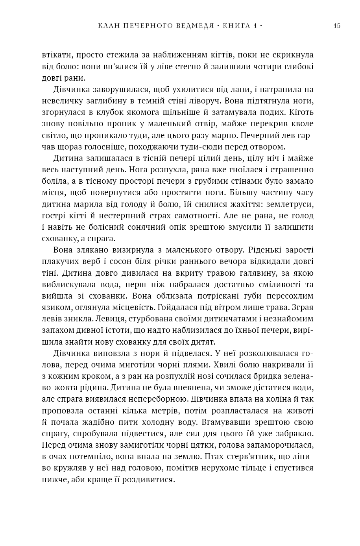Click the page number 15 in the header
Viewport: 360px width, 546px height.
[x=337, y=26]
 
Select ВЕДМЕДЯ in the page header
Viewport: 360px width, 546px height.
[x=194, y=26]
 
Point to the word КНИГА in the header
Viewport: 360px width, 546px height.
[x=237, y=26]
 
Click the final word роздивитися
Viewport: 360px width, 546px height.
[x=150, y=480]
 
